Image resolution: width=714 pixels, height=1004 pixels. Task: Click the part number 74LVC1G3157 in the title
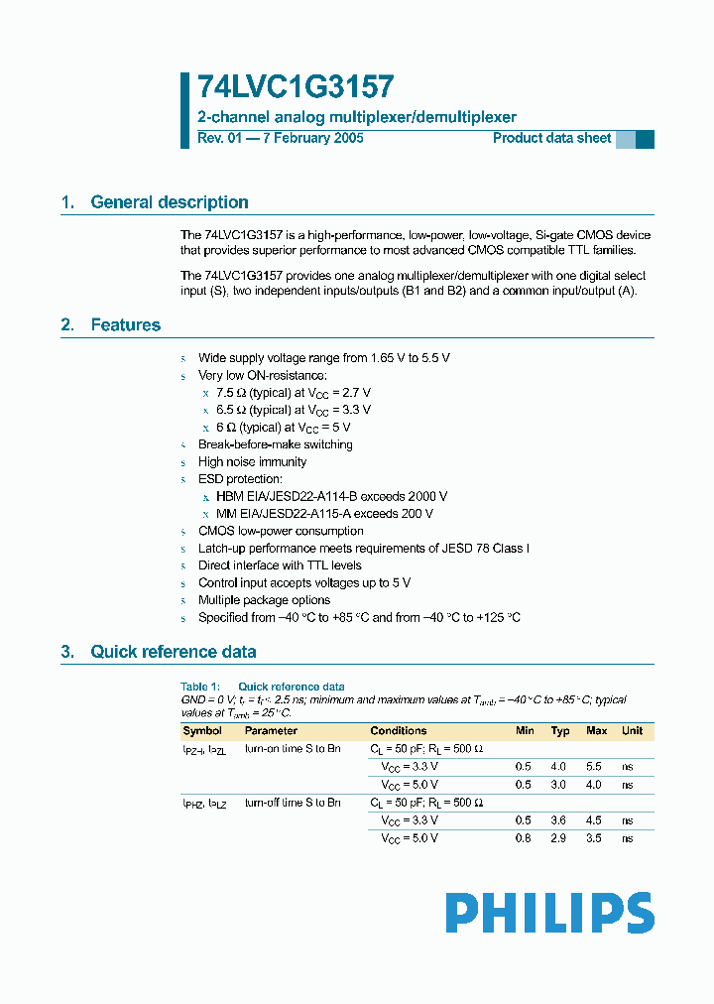click(282, 87)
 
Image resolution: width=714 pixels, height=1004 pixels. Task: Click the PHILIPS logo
click(549, 913)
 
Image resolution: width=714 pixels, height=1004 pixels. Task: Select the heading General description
click(170, 202)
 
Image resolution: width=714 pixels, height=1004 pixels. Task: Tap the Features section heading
click(125, 325)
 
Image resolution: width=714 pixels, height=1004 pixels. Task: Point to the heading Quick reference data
click(173, 652)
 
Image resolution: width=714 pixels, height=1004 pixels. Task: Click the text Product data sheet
click(552, 138)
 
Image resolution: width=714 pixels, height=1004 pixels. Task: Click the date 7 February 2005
click(311, 138)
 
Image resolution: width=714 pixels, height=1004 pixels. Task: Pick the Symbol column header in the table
click(201, 731)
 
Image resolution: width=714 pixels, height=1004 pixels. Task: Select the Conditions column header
click(399, 731)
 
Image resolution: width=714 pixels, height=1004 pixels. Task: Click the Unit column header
click(632, 731)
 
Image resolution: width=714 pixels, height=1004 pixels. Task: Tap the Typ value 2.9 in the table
click(559, 838)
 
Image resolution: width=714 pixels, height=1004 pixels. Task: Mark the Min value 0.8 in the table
click(524, 838)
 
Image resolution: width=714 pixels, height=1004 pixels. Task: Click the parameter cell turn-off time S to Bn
click(293, 803)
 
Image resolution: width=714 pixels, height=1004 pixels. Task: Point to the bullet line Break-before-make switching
click(275, 444)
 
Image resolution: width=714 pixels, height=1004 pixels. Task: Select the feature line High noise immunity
click(252, 462)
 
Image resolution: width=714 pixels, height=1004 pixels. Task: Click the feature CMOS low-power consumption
click(281, 531)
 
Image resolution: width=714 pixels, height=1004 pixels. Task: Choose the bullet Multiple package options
click(265, 600)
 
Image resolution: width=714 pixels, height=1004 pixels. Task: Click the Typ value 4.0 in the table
click(559, 767)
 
